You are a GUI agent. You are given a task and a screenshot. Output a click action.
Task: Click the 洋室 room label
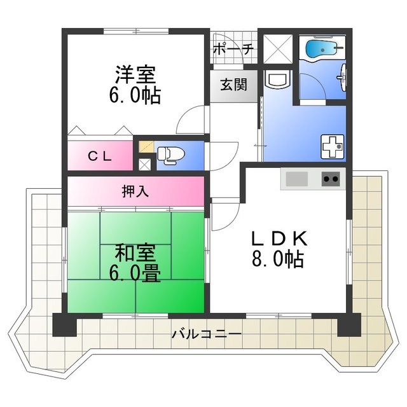[x=135, y=75]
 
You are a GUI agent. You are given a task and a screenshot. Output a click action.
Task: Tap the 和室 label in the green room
[x=135, y=253]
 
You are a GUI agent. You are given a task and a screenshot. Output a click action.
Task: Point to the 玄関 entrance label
[x=233, y=85]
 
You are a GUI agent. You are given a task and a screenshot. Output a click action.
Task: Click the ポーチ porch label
[x=233, y=49]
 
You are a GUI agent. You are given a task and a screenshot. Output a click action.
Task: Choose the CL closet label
[x=100, y=156]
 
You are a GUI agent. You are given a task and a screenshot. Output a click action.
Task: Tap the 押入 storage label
[x=135, y=191]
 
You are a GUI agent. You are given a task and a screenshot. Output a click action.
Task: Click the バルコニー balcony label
[x=207, y=333]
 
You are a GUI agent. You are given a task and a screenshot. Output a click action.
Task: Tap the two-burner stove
[x=331, y=179]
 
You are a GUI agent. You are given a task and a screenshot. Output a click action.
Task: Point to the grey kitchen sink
[x=297, y=179]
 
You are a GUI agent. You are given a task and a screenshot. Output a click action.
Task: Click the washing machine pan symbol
[x=333, y=146]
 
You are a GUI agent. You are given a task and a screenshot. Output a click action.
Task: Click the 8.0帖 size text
[x=278, y=259]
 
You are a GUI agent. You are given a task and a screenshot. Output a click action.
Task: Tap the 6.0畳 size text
[x=135, y=273]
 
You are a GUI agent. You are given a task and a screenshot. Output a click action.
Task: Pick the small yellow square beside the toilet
[x=146, y=147]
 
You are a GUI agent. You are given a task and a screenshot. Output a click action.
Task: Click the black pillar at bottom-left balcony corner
[x=65, y=325]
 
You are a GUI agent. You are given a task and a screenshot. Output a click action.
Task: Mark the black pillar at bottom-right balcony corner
[x=349, y=325]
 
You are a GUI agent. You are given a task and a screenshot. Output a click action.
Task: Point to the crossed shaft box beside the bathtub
[x=278, y=48]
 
